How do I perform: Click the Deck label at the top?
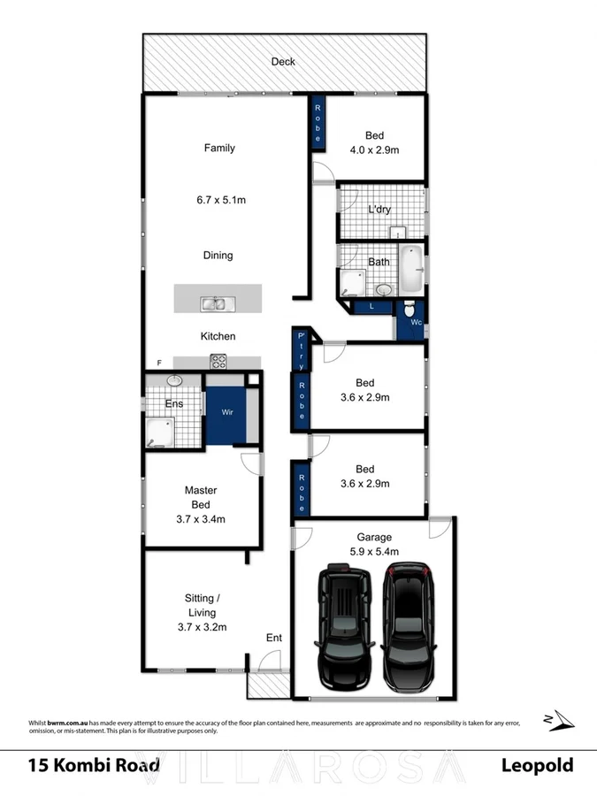point(283,62)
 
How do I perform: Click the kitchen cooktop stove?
point(218,361)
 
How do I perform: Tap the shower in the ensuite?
point(161,433)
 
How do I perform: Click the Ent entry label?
point(274,637)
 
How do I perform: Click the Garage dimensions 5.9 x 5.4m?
point(374,551)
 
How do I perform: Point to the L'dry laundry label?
point(380,210)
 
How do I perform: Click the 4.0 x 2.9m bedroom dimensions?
point(374,150)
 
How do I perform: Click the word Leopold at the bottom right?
point(537,765)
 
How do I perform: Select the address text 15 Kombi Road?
point(94,765)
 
